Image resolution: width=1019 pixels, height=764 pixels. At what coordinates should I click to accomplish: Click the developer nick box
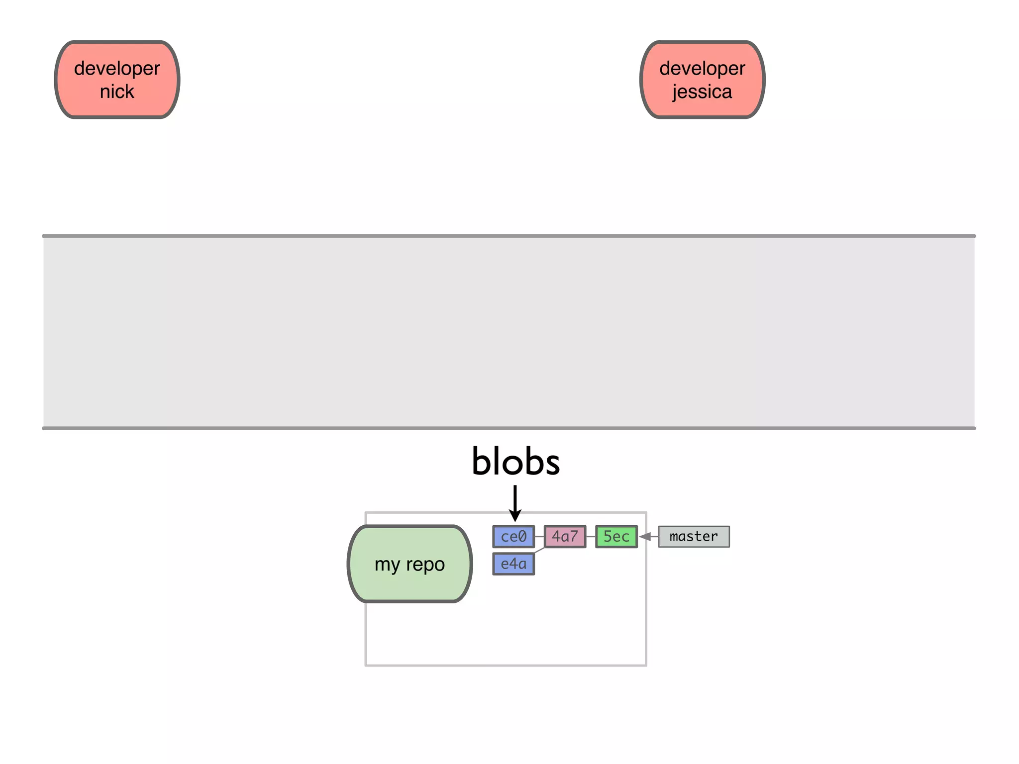tap(117, 80)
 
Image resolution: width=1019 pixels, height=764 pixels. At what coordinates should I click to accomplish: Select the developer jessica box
tap(702, 80)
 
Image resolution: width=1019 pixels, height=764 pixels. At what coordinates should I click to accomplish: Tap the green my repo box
tap(409, 564)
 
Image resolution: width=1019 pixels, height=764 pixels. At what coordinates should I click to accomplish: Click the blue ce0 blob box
tap(513, 537)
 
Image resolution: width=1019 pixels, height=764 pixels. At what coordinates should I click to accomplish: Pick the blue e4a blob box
tap(513, 564)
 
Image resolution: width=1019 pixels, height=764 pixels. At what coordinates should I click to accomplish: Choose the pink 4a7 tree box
tap(565, 537)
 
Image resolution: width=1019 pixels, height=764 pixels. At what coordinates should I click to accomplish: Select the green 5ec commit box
tap(616, 537)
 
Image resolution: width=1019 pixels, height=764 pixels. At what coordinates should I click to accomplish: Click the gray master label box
tap(694, 537)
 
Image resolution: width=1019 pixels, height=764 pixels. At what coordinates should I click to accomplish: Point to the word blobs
tap(515, 462)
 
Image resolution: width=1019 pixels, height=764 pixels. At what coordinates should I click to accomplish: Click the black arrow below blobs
tap(515, 502)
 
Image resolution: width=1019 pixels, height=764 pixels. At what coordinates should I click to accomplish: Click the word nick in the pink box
tap(117, 92)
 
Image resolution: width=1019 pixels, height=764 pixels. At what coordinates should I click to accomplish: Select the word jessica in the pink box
tap(702, 92)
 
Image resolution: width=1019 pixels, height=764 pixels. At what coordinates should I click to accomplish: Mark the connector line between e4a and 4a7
tap(539, 550)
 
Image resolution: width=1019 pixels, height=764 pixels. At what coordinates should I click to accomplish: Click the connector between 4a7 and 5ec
tap(591, 537)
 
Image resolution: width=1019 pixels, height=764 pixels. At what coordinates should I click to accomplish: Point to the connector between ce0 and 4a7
tap(539, 537)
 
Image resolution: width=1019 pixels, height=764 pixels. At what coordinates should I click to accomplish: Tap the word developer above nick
tap(117, 69)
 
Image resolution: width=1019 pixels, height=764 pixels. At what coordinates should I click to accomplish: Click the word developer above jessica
tap(702, 69)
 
